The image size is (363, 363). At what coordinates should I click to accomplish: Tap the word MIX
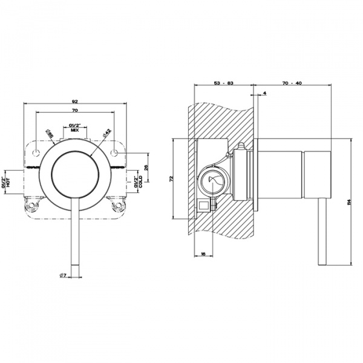(x=75, y=130)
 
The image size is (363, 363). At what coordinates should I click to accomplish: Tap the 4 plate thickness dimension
(x=265, y=93)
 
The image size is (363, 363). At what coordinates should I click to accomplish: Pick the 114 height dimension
(x=348, y=201)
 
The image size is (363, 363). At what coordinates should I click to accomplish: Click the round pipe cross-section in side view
(x=212, y=180)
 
